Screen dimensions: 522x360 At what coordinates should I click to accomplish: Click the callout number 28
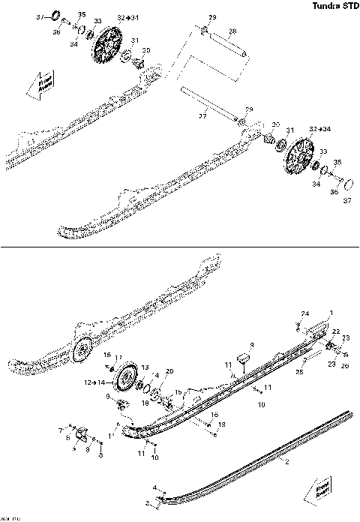point(232,31)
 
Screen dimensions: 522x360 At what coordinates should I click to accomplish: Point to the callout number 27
point(202,117)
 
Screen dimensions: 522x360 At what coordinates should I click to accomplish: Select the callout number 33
point(323,152)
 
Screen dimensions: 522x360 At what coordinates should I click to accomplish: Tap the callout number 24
point(305,313)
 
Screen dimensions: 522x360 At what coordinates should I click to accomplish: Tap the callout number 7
point(61,430)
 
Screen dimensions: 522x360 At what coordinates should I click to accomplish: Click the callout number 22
point(337,331)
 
